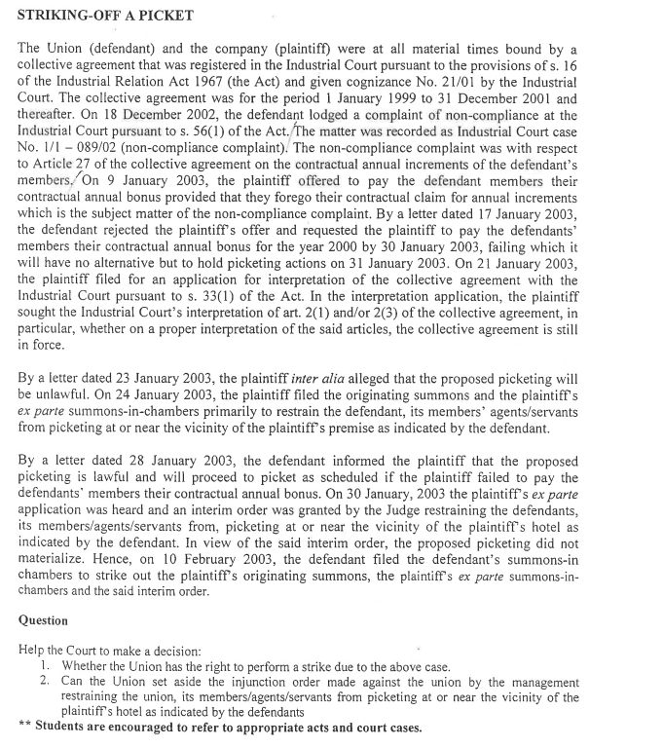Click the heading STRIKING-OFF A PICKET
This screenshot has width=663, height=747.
(105, 15)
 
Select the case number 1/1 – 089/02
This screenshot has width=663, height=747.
(96, 147)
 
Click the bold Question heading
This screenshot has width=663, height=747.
(43, 619)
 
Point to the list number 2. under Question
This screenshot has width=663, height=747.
(46, 682)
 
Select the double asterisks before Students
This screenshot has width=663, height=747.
(24, 728)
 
